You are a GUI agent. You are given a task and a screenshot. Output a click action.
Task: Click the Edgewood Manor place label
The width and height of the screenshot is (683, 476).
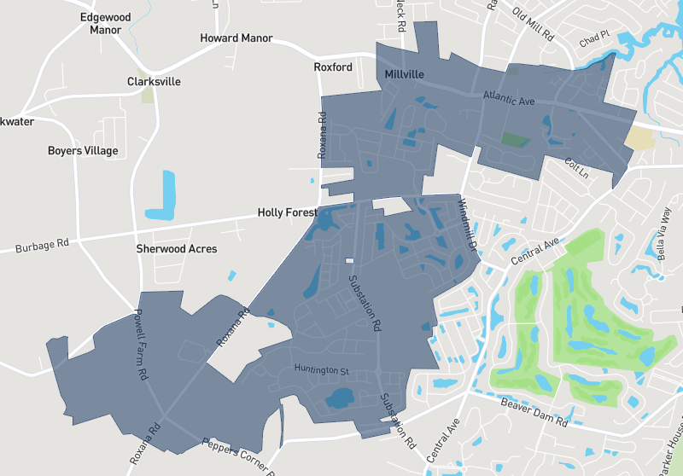(x=105, y=23)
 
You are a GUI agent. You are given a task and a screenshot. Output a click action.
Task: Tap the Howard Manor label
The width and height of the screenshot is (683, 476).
(x=236, y=38)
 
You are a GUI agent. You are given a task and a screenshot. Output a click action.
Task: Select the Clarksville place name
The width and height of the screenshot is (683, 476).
(x=154, y=82)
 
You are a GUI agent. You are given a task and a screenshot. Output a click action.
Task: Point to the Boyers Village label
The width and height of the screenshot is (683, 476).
(x=83, y=151)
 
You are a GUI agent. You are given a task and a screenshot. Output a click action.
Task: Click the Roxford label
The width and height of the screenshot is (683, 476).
(x=333, y=67)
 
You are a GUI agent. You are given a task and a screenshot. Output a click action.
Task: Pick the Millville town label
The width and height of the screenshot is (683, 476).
(x=404, y=75)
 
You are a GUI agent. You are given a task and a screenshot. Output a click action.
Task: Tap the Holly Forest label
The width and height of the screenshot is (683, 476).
(x=288, y=212)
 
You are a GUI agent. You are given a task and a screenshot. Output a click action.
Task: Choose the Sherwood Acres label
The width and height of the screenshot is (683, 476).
(x=177, y=249)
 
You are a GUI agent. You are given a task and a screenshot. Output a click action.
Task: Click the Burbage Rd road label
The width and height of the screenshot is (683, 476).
(x=42, y=247)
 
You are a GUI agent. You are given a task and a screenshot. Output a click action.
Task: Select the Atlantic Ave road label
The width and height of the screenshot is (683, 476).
(x=508, y=99)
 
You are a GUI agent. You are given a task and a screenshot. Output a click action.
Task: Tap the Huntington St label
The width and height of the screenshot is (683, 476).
(x=322, y=370)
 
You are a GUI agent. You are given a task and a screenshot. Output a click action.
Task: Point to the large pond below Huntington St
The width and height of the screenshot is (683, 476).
(x=341, y=398)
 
